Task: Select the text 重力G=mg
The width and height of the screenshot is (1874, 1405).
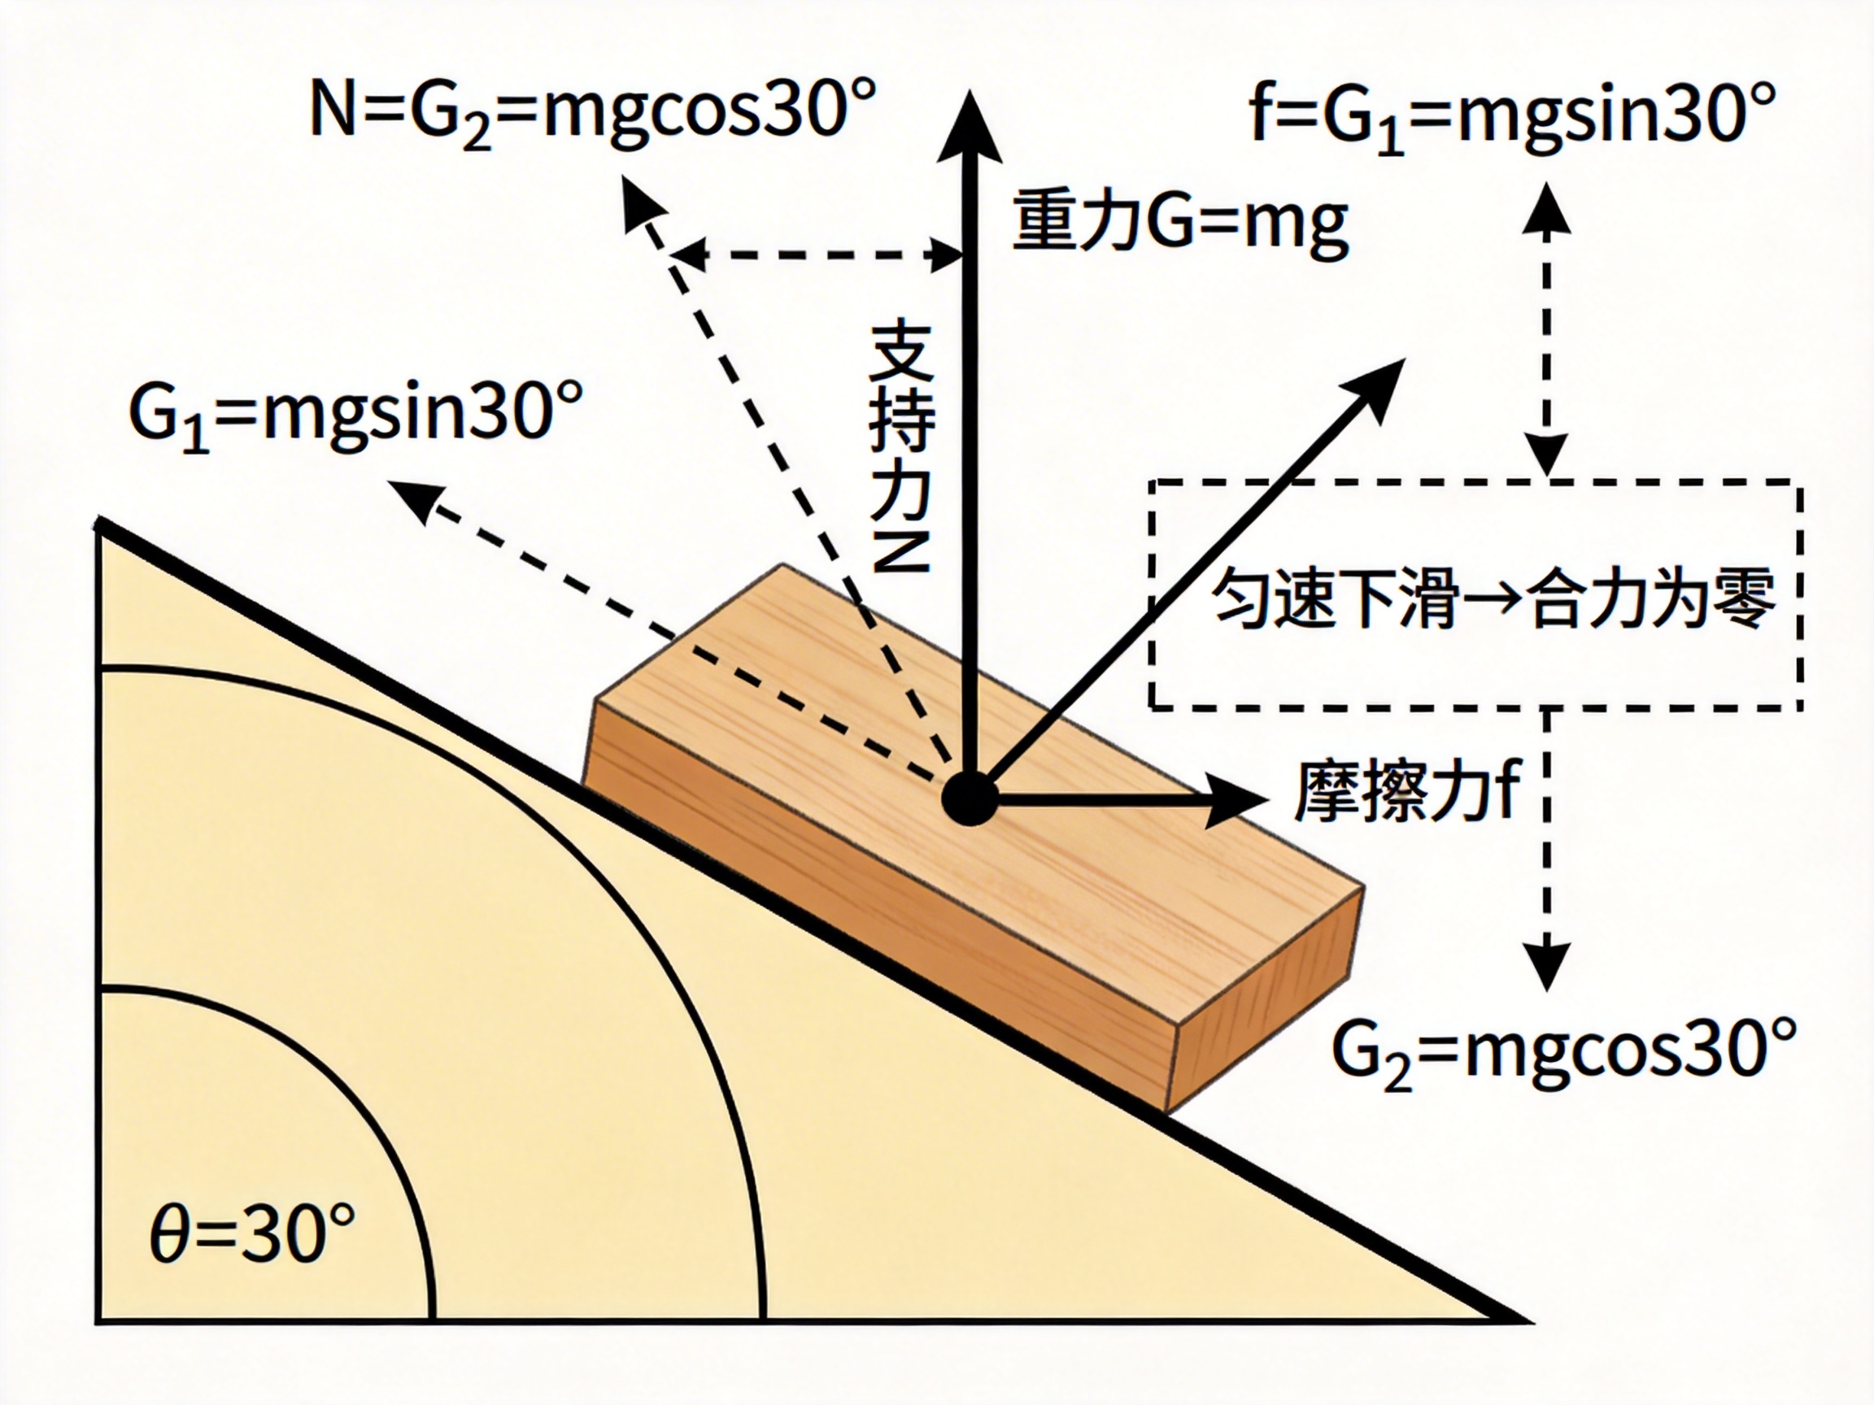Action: tap(1180, 222)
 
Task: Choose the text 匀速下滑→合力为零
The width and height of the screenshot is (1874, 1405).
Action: tap(1493, 597)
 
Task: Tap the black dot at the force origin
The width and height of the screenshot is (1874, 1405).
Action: tap(971, 797)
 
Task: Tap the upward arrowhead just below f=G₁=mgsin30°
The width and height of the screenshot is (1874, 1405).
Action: tap(1547, 207)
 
